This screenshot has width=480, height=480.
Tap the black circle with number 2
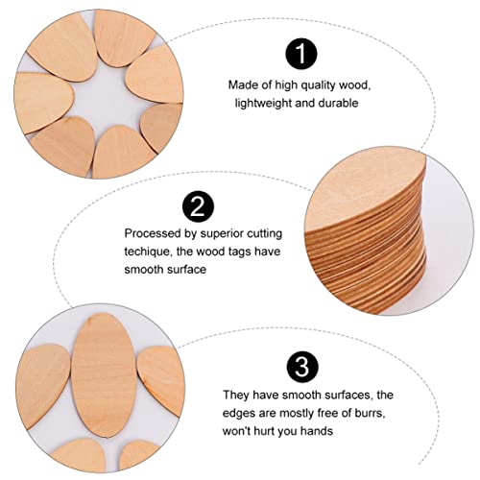click(x=198, y=205)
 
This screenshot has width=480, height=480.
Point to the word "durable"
click(x=337, y=103)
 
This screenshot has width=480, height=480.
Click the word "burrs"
click(x=365, y=413)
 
